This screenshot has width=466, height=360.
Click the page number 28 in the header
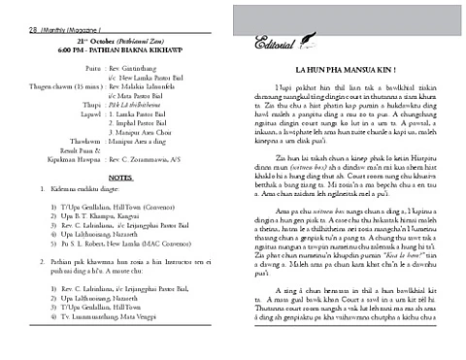click(8, 7)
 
